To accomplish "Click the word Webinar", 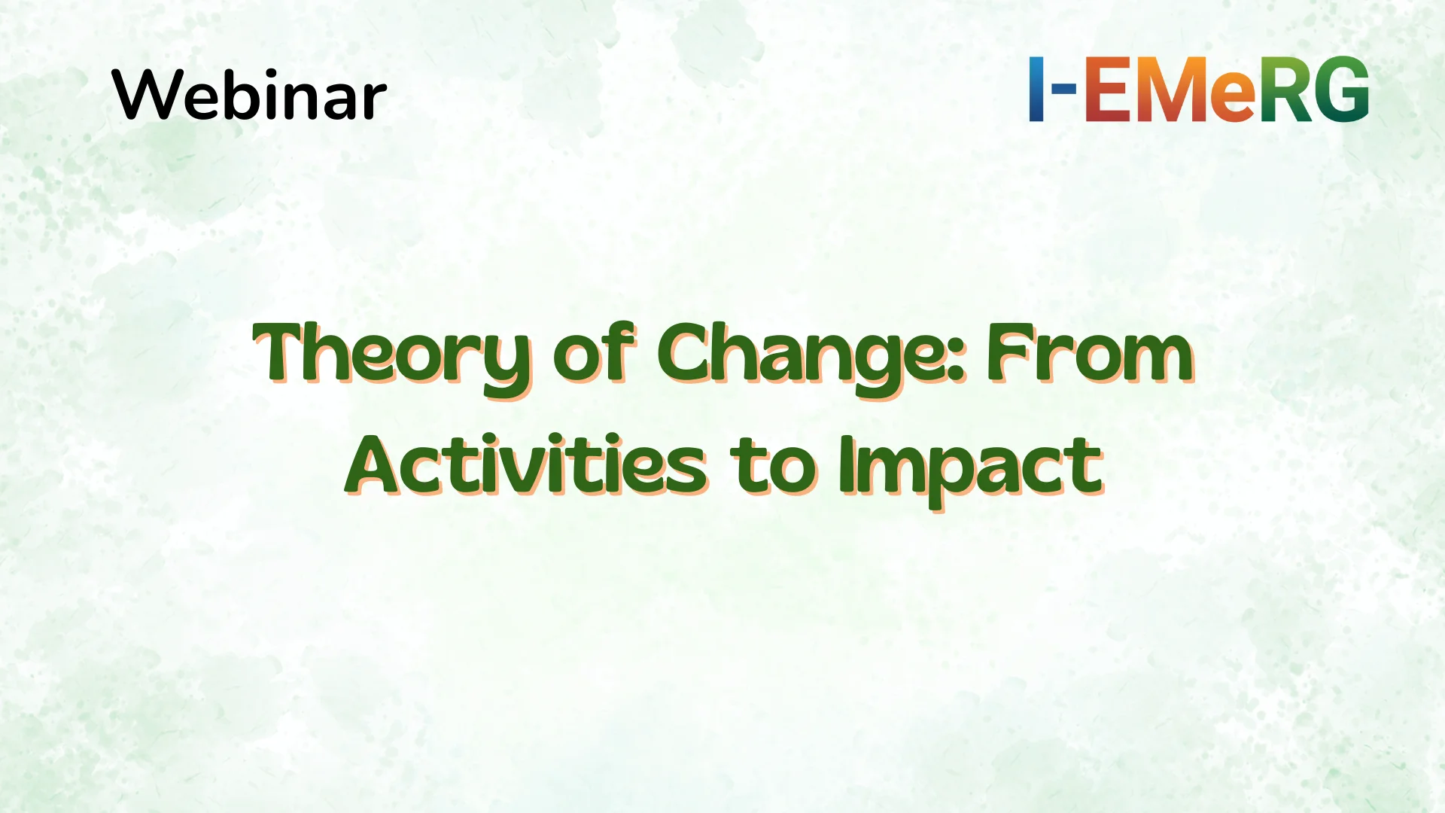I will [x=249, y=95].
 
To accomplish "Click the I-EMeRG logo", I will [x=1198, y=89].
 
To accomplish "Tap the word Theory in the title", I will [x=392, y=354].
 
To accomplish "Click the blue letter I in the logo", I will [x=1037, y=89].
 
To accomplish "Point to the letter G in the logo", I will [x=1340, y=89].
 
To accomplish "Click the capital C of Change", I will [x=686, y=352].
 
